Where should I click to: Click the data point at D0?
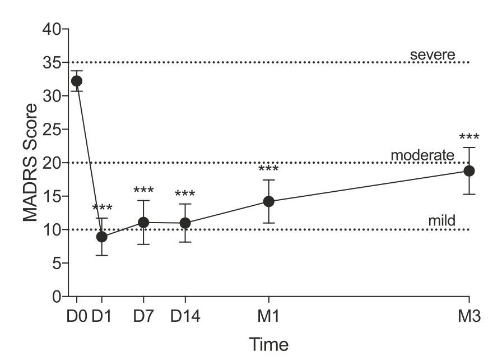point(77,81)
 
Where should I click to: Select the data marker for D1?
point(101,237)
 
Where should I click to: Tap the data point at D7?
point(143,222)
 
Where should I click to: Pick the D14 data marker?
point(185,223)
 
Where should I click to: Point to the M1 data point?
point(268,201)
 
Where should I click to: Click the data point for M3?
point(469,170)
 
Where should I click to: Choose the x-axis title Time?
point(269,343)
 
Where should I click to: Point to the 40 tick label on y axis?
point(53,29)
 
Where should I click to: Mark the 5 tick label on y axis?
point(58,263)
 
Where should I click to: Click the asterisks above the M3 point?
point(469,138)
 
